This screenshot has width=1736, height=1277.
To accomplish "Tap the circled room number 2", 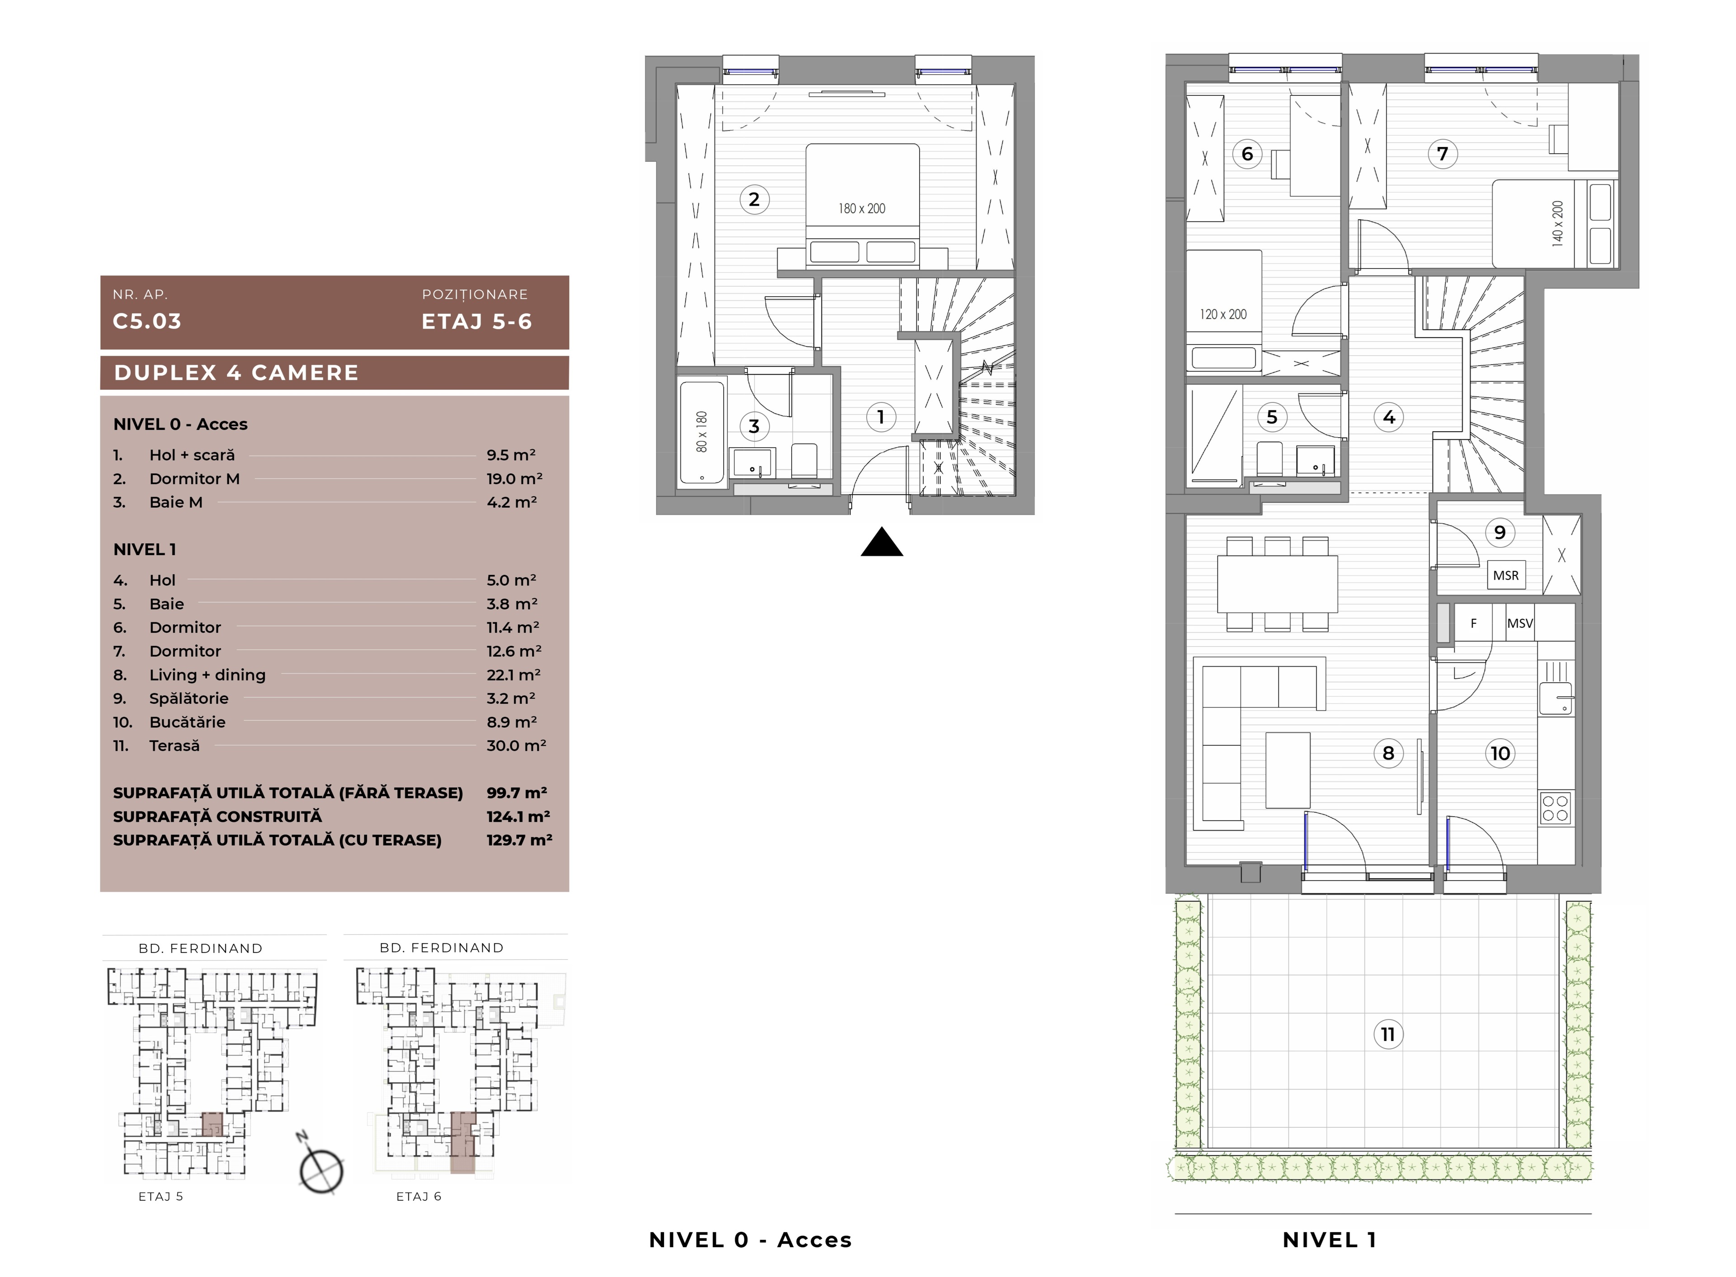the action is coord(755,199).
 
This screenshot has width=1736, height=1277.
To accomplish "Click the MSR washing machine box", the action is coord(1506,575).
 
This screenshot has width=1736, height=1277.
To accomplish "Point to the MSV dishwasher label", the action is coord(1519,623).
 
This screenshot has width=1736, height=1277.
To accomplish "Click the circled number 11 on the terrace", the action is coord(1388,1034).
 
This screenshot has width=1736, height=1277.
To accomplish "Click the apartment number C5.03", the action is coord(147,321).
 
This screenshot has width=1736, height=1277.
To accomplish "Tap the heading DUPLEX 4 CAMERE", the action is coord(236,372).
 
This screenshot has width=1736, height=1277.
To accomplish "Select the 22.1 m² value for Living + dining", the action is coord(513,675).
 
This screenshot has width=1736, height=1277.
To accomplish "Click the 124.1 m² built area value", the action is coord(518,816).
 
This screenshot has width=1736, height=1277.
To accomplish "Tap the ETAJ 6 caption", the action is coord(419,1197).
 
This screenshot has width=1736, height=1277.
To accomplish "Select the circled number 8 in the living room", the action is coord(1388,753).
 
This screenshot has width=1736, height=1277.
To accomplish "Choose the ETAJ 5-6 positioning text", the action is coord(477,321).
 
